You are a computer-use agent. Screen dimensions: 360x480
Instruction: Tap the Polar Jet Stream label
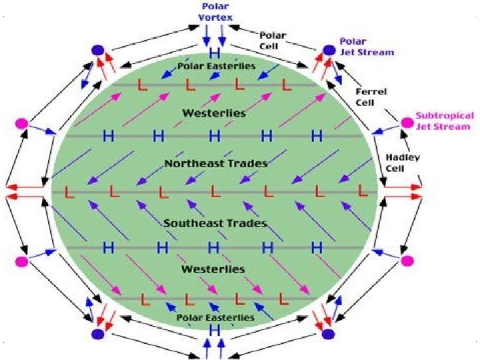(367, 46)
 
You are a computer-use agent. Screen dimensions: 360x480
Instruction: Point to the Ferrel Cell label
(367, 95)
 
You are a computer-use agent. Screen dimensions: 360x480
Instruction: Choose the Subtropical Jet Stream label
(445, 121)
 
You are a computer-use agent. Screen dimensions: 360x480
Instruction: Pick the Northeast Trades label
(216, 163)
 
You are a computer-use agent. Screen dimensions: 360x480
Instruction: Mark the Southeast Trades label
(215, 223)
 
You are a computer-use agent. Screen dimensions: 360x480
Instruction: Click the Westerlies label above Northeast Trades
(215, 113)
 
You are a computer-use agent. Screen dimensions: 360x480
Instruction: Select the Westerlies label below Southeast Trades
(213, 269)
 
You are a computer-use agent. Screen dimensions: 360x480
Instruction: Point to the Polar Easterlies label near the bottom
(215, 318)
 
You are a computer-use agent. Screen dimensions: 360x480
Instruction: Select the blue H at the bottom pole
(215, 331)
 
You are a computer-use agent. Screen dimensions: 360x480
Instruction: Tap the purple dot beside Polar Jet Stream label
(328, 50)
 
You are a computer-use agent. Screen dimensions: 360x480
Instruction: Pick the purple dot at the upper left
(98, 50)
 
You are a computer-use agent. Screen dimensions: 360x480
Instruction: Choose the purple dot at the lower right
(328, 334)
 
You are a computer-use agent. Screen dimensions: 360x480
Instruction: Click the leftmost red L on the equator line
(69, 192)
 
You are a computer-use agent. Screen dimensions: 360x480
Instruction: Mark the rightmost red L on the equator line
(363, 191)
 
